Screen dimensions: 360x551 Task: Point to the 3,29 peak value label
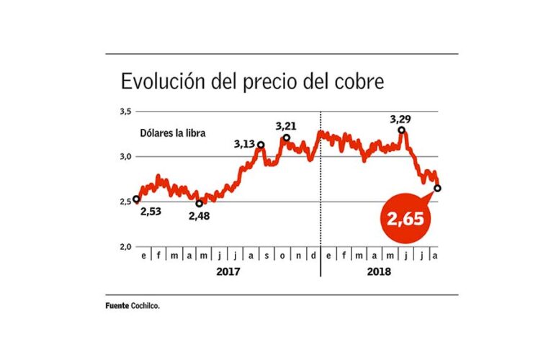[x=402, y=118]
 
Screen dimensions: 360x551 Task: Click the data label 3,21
[x=286, y=126]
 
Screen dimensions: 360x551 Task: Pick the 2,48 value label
[x=200, y=215]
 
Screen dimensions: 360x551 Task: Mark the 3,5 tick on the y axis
[x=125, y=112]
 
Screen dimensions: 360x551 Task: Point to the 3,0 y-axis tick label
[x=125, y=156]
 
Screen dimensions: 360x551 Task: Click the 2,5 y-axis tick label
[x=125, y=202]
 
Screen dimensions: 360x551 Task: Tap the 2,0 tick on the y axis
[x=125, y=247]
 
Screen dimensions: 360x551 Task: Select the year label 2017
[x=227, y=273]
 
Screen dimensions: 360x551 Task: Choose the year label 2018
[x=378, y=273]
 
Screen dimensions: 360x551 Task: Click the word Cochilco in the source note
[x=145, y=306]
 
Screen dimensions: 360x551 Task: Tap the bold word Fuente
[x=117, y=306]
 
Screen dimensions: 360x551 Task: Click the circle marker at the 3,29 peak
[x=401, y=130]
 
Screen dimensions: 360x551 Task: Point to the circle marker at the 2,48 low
[x=200, y=203]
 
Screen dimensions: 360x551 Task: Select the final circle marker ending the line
[x=437, y=188]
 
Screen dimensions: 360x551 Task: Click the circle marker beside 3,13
[x=260, y=145]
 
